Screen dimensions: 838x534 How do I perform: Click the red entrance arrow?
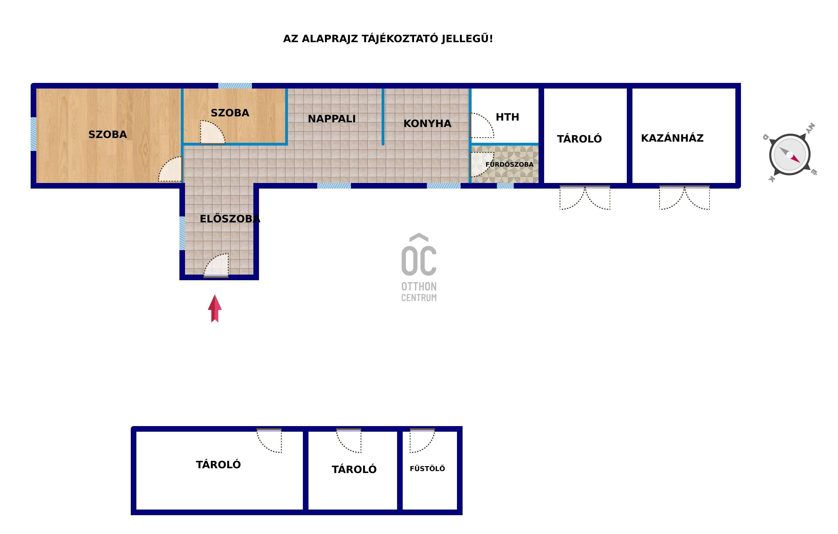click(x=215, y=309)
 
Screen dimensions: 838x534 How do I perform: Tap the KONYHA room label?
click(x=427, y=123)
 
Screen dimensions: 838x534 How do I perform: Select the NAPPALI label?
click(x=332, y=119)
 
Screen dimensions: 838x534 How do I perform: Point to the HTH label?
click(x=507, y=117)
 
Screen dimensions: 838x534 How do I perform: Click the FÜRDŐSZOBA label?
click(x=510, y=164)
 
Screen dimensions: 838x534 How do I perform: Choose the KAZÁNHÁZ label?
click(x=672, y=138)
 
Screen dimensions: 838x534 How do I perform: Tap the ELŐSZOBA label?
click(x=230, y=219)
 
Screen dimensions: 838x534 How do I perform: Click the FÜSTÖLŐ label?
click(x=427, y=469)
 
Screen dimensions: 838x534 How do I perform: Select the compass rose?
click(x=790, y=154)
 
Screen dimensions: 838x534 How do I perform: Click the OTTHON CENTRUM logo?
click(x=419, y=268)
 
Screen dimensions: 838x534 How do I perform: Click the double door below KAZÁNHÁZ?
click(x=684, y=198)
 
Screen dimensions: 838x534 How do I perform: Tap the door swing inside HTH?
click(x=482, y=125)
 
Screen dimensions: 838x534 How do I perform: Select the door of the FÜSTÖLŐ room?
click(x=422, y=440)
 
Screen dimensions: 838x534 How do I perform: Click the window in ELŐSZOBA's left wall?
click(x=182, y=233)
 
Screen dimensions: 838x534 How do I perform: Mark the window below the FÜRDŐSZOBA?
click(x=505, y=186)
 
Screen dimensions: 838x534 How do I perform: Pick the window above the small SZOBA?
click(x=235, y=85)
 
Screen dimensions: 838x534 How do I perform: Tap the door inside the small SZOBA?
click(x=213, y=132)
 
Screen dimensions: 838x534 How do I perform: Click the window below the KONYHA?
click(x=444, y=186)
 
